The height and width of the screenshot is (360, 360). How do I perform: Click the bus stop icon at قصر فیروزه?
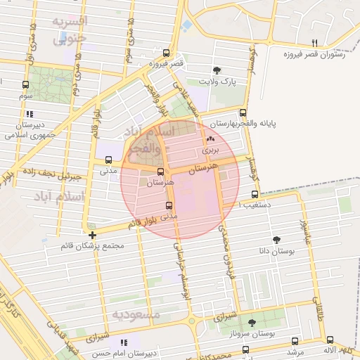tap(166, 53)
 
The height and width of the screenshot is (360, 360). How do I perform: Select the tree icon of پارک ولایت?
tap(217, 70)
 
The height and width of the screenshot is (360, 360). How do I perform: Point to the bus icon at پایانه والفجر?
tap(243, 112)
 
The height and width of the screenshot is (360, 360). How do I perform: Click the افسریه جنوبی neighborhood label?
tap(69, 30)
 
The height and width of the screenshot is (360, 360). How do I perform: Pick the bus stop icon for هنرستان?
tap(160, 172)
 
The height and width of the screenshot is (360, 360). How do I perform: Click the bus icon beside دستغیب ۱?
tap(255, 195)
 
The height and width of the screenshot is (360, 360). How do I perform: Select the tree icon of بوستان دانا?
tap(277, 239)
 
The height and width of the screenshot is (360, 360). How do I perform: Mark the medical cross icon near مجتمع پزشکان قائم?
tap(92, 235)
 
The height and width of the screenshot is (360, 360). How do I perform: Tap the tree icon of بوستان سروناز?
tap(252, 322)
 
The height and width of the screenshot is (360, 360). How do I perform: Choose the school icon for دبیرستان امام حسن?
tap(124, 342)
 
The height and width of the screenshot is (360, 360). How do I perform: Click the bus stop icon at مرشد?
tap(295, 341)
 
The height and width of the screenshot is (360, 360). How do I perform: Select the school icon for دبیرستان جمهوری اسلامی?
tap(29, 113)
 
